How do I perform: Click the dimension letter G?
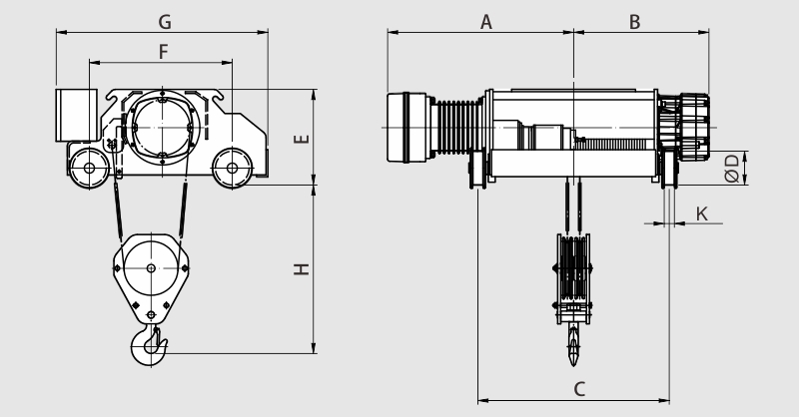point(165,22)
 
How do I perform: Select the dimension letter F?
point(163,52)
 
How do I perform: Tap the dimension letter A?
point(486,22)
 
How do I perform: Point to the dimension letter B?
point(634,22)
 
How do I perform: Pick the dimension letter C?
point(579,389)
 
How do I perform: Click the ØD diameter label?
point(732,168)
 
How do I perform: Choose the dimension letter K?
point(702,213)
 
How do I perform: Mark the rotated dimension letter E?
point(302,139)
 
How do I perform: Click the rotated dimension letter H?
point(302,268)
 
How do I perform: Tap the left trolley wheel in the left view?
point(89,168)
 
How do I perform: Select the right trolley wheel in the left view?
point(233,168)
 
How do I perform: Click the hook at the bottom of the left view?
point(149,345)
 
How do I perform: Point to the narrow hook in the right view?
point(573,345)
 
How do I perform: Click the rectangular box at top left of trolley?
point(77,115)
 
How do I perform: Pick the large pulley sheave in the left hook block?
point(151,267)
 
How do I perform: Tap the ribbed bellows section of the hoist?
point(456,127)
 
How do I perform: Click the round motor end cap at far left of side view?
point(406,128)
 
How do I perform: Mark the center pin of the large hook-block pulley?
point(151,267)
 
